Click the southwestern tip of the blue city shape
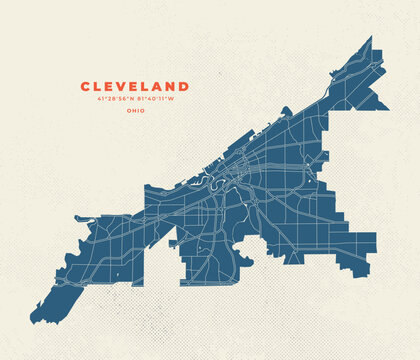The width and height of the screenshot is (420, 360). point(34,321)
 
